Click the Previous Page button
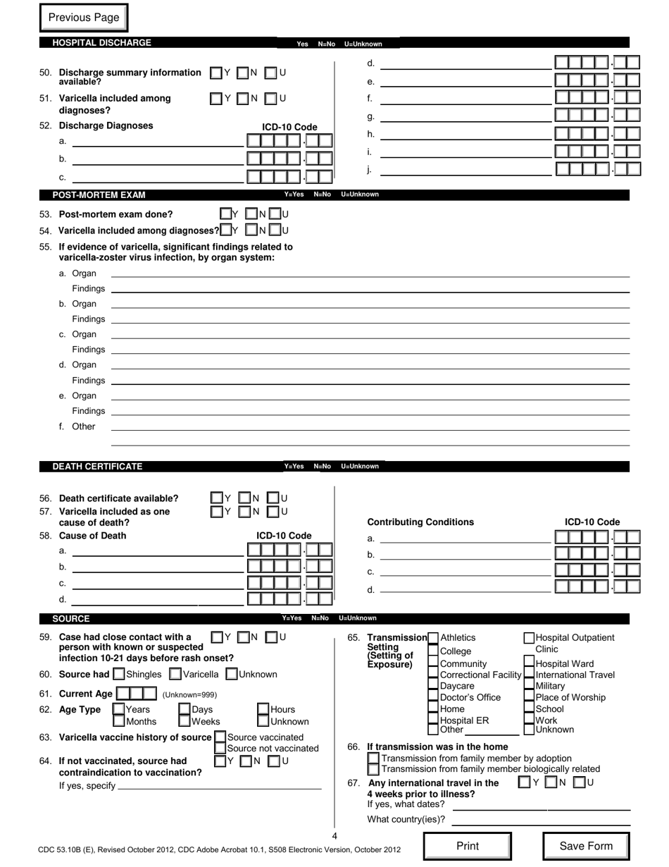[x=84, y=18]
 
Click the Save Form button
[x=585, y=846]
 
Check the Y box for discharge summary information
[x=215, y=73]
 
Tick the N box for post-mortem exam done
[x=251, y=214]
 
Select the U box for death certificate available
[x=273, y=498]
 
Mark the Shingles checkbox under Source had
[x=119, y=675]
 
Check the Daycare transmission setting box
[x=433, y=686]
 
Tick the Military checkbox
[x=529, y=686]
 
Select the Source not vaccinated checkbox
[x=220, y=748]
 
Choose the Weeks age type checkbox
[x=184, y=721]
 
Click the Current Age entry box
[x=137, y=694]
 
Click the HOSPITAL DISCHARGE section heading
[x=101, y=43]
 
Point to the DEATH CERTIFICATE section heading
[x=97, y=467]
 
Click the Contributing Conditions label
[x=420, y=522]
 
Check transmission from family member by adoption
[x=373, y=758]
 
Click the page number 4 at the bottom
[x=334, y=836]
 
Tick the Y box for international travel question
[x=523, y=782]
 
